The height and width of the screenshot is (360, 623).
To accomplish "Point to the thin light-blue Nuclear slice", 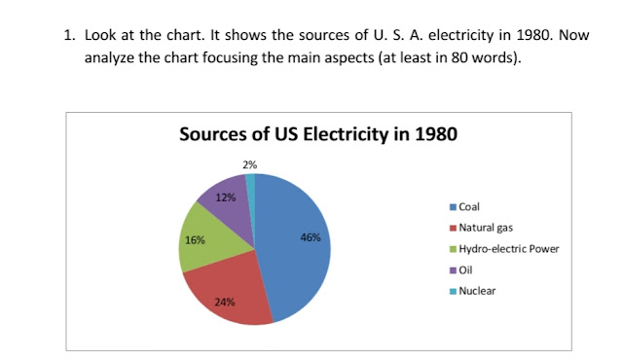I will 251,185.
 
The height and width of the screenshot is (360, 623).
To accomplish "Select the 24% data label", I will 224,302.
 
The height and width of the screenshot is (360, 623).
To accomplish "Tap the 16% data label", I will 195,239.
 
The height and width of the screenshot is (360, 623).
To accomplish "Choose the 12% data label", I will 225,198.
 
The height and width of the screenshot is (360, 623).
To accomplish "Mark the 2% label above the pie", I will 250,164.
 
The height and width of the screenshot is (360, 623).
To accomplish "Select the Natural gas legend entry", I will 485,227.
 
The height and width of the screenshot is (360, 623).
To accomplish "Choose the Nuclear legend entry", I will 476,290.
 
